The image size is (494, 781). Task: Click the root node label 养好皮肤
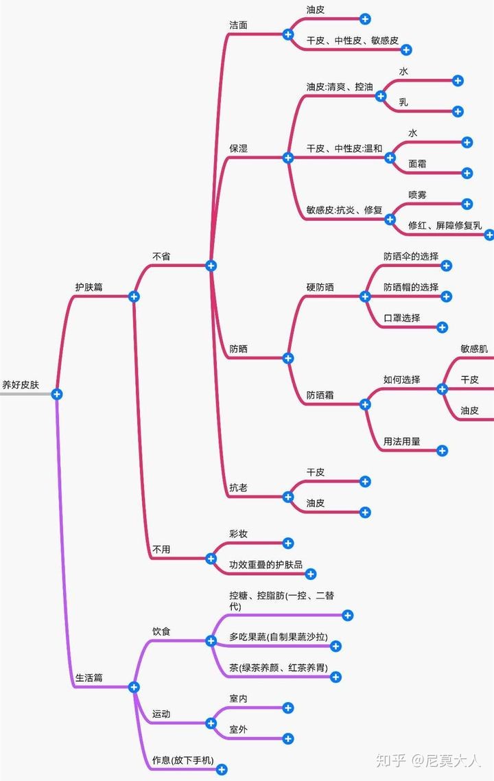point(21,385)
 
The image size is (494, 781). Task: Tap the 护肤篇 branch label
point(89,287)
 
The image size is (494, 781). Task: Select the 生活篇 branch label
point(89,677)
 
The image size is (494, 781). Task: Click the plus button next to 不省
point(211,266)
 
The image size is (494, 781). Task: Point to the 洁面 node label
point(238,25)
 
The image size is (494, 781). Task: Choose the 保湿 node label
point(238,148)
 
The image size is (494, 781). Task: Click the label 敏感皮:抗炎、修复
point(344,210)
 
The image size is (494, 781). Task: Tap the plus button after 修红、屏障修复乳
point(489,235)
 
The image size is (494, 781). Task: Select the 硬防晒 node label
point(320,287)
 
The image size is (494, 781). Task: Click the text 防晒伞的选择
point(411,256)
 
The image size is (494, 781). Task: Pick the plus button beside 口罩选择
point(443,327)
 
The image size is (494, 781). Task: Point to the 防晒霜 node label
point(320,395)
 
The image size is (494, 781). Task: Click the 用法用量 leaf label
point(402,441)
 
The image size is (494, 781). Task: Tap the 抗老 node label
point(238,488)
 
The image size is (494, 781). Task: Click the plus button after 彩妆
point(288,543)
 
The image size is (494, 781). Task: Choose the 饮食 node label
point(161,631)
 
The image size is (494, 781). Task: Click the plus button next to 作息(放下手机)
point(222,770)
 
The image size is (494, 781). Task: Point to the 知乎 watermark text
point(392,760)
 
